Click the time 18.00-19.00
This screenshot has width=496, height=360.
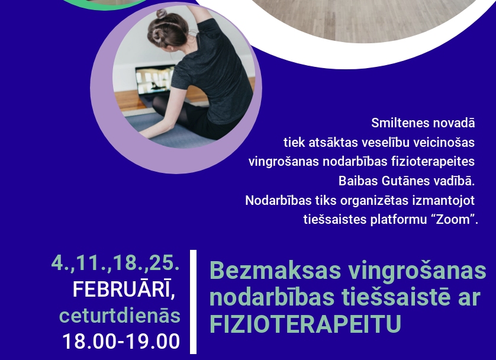point(121,342)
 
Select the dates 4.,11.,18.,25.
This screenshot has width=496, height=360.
point(115,262)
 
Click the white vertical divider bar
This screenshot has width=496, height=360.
point(193,302)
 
